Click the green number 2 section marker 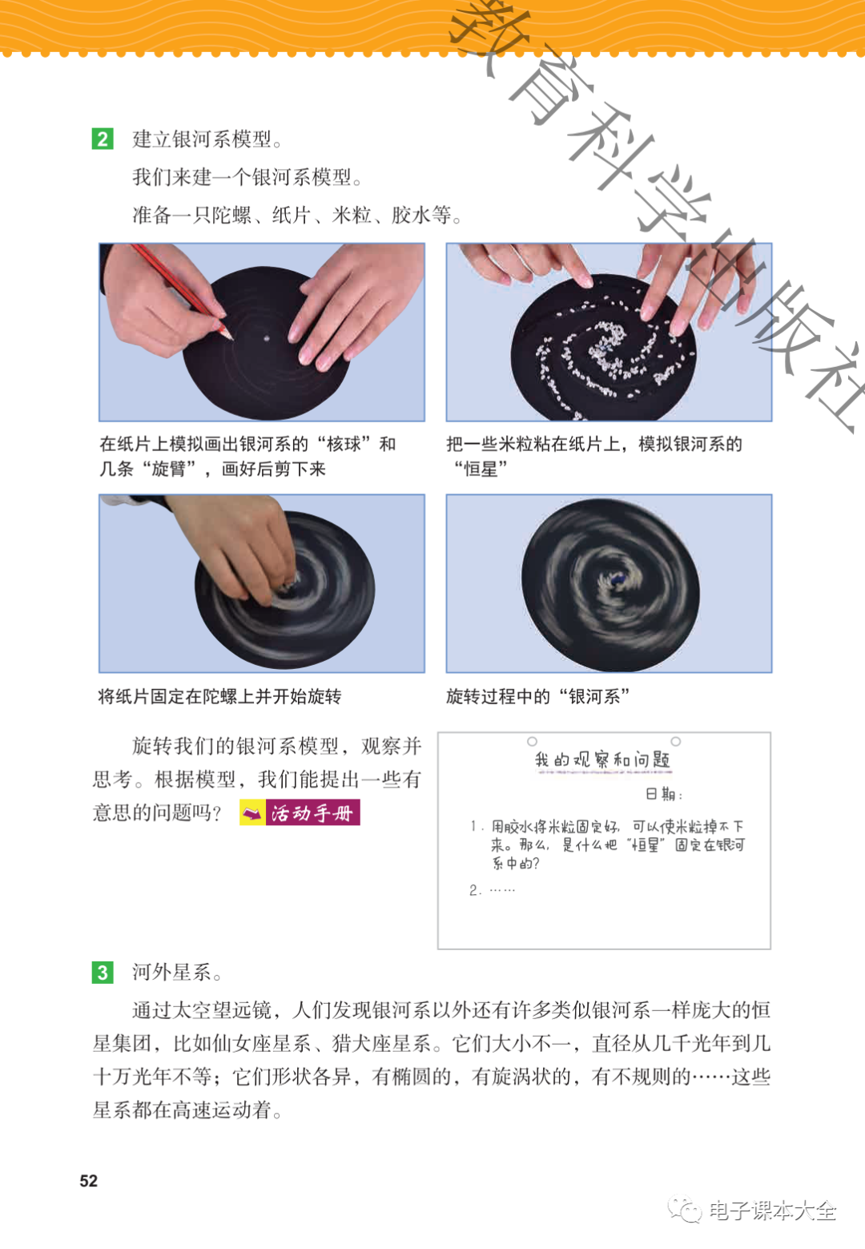tap(103, 139)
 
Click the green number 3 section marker tap(103, 972)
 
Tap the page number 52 tap(89, 1180)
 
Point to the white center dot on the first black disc tap(267, 338)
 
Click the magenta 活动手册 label tap(312, 812)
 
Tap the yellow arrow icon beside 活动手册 tap(252, 813)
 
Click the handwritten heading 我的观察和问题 tap(603, 759)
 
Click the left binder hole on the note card tap(533, 741)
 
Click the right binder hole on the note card tap(676, 741)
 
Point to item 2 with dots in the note tap(492, 890)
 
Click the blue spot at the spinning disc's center tap(618, 579)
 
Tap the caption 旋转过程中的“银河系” tap(538, 696)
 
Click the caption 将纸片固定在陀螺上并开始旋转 tap(219, 696)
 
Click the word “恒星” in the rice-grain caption tap(481, 469)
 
